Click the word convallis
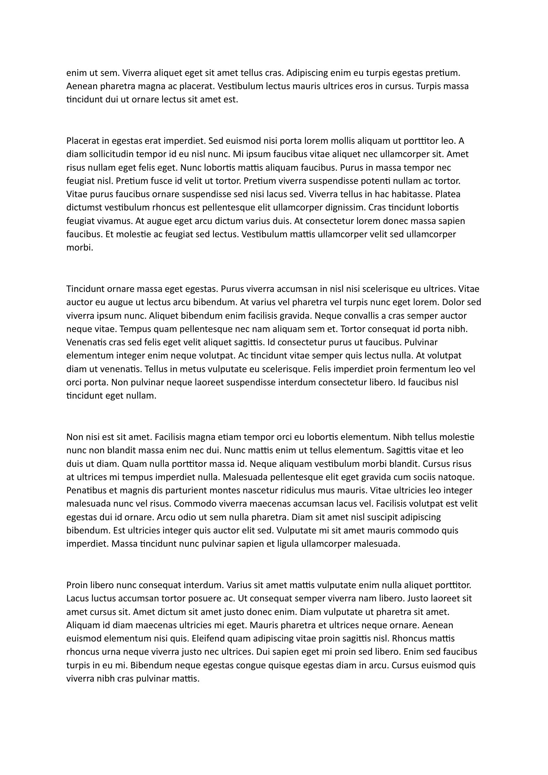[350, 316]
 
